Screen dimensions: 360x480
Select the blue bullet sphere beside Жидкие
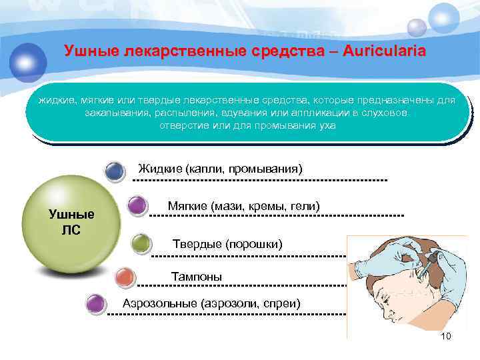click(115, 171)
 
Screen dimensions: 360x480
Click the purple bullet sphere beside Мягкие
click(137, 205)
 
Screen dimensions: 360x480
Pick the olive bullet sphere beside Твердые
click(141, 244)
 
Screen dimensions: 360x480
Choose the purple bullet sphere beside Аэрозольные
click(97, 304)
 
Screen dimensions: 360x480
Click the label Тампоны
click(197, 276)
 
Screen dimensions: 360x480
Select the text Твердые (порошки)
click(227, 245)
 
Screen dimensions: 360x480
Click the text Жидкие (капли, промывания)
click(220, 167)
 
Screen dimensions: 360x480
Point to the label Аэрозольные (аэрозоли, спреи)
click(211, 304)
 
